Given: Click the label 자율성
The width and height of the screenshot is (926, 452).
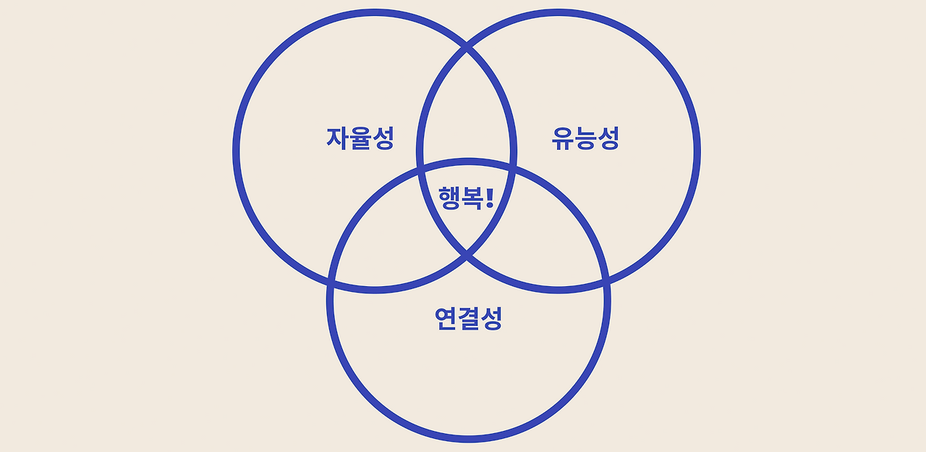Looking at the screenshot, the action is pyautogui.click(x=360, y=138).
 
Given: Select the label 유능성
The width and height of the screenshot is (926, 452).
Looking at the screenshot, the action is pyautogui.click(x=585, y=138).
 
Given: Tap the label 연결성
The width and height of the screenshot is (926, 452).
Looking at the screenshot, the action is pyautogui.click(x=468, y=319).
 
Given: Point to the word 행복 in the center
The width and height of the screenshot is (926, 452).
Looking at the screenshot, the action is pyautogui.click(x=460, y=197).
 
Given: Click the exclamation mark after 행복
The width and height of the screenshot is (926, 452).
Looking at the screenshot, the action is pyautogui.click(x=490, y=197).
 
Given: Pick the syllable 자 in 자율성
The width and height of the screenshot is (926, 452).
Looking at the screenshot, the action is pyautogui.click(x=337, y=138).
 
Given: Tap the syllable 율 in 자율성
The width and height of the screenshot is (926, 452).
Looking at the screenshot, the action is pyautogui.click(x=360, y=138).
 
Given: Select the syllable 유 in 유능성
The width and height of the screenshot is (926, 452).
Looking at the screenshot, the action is pyautogui.click(x=562, y=138).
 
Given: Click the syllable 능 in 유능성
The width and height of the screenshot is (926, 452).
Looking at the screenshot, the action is pyautogui.click(x=585, y=138).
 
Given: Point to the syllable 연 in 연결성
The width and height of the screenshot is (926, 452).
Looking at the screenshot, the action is pyautogui.click(x=446, y=319).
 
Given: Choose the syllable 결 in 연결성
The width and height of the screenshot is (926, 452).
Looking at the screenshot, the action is pyautogui.click(x=468, y=319).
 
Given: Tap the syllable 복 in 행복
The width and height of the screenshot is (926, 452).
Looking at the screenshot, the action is pyautogui.click(x=472, y=197).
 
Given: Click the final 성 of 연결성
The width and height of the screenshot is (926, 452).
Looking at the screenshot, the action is pyautogui.click(x=490, y=319).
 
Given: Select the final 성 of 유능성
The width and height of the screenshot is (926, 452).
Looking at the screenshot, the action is pyautogui.click(x=608, y=138).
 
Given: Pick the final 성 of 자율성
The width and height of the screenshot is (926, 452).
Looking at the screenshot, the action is pyautogui.click(x=383, y=138).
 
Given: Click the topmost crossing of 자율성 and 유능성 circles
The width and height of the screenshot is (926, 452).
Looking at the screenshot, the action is pyautogui.click(x=467, y=49).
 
